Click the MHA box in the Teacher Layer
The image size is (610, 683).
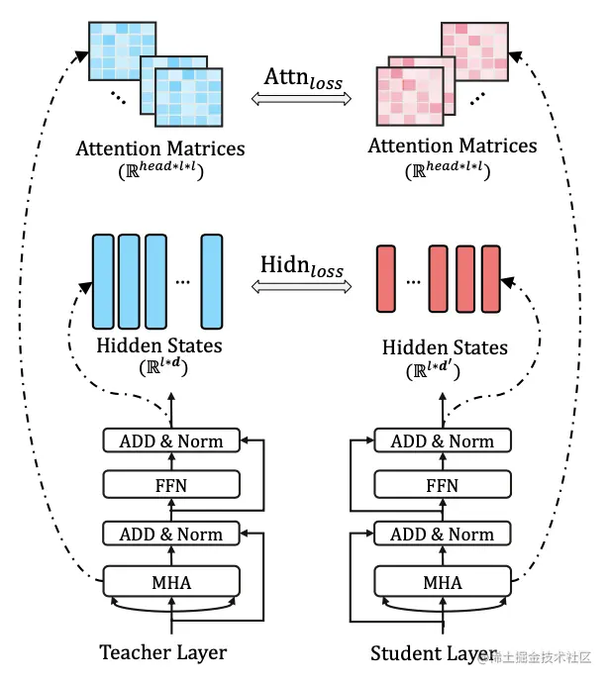(172, 581)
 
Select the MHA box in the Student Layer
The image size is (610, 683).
(443, 581)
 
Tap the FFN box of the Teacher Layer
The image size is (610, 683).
(172, 486)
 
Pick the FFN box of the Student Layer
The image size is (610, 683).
(443, 486)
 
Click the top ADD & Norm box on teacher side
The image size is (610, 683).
(172, 440)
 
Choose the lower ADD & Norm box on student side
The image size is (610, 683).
(443, 535)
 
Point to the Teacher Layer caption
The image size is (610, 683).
(162, 652)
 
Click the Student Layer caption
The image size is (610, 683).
(434, 653)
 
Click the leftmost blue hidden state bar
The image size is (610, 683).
(102, 281)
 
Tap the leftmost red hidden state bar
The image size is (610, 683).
(386, 281)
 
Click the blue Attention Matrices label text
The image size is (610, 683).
(159, 148)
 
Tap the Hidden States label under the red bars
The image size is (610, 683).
(445, 347)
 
